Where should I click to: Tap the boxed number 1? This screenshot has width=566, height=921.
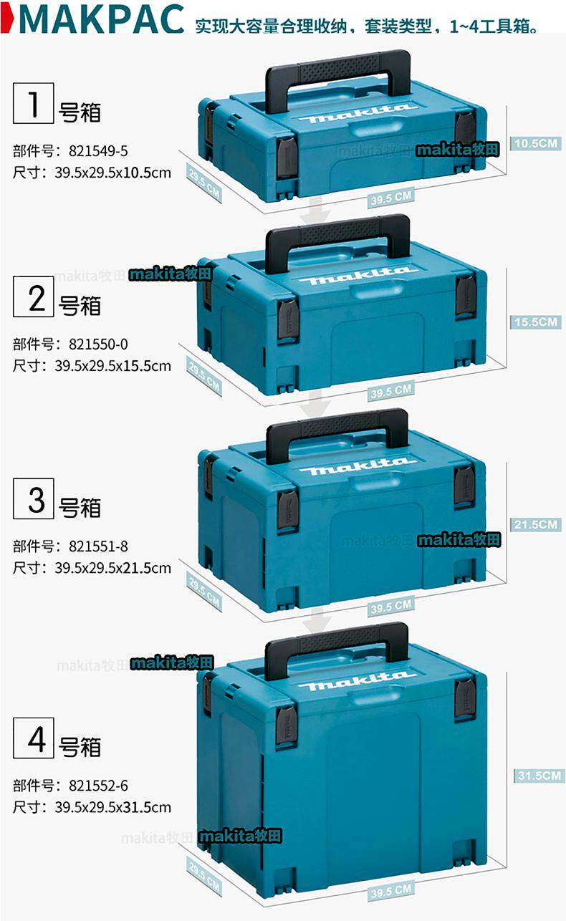click(33, 104)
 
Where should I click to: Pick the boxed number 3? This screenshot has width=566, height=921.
click(33, 498)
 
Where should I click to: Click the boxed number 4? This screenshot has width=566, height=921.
click(33, 738)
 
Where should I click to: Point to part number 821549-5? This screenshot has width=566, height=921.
click(98, 151)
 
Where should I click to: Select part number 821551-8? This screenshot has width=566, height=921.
click(98, 546)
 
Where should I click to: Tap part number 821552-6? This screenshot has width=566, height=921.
click(98, 786)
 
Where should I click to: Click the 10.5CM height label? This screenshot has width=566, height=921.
click(534, 143)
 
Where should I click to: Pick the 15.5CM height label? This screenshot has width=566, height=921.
click(534, 322)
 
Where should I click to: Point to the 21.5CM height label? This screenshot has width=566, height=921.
click(534, 524)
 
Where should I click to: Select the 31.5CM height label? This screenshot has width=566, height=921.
click(537, 775)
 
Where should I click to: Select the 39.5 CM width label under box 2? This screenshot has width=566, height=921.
click(391, 390)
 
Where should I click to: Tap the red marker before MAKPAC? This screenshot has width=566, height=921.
click(6, 19)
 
